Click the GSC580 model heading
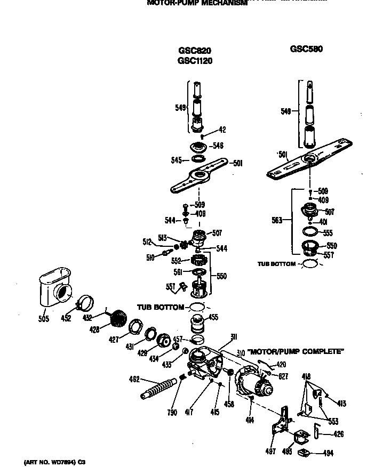(x=306, y=49)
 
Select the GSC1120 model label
(x=195, y=61)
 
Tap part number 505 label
(x=44, y=319)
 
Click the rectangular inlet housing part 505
(x=54, y=287)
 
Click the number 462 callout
(x=134, y=379)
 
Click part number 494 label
(x=328, y=453)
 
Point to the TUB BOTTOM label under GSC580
(x=276, y=264)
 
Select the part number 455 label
(x=213, y=318)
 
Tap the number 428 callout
(x=94, y=330)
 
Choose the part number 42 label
(x=222, y=130)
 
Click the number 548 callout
(x=217, y=145)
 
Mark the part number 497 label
(x=270, y=452)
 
